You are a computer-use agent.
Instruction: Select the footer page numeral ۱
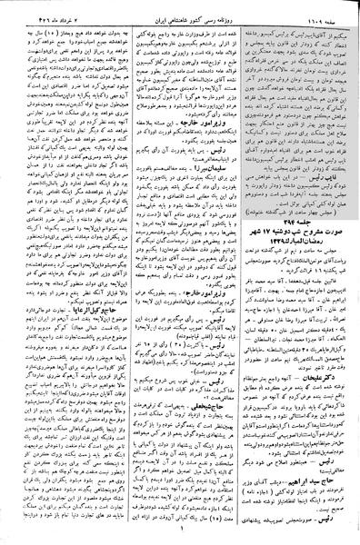click(180, 535)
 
